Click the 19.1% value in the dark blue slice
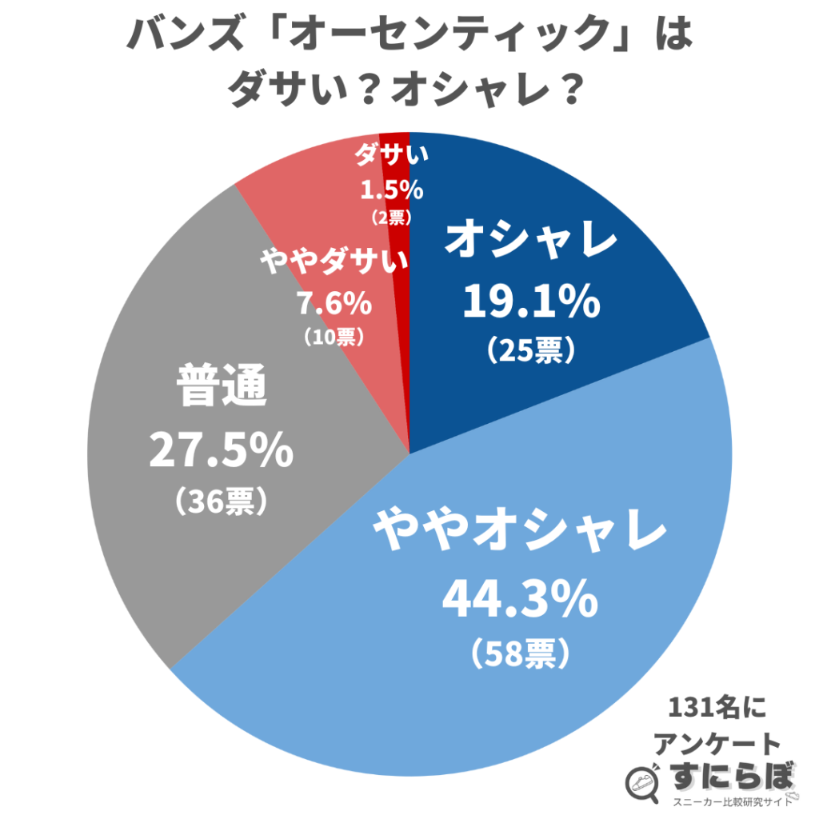pos(531,302)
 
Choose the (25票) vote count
pos(530,350)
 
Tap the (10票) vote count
pos(335,338)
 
